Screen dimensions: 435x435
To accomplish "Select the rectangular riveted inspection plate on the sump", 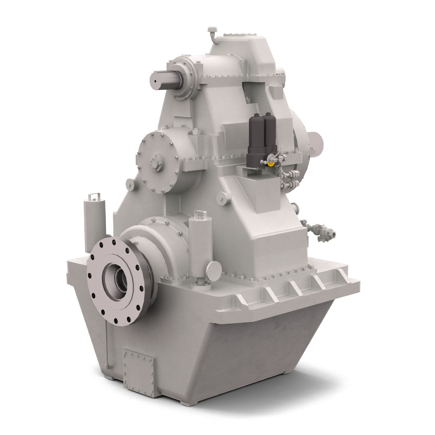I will pos(138,364).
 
